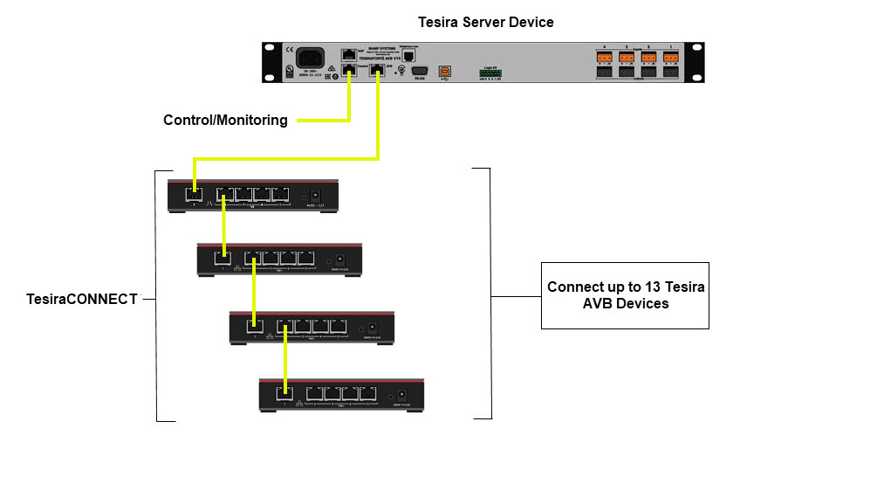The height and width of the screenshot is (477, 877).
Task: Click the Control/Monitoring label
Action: [x=225, y=120]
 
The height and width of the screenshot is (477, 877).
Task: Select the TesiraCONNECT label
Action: [x=82, y=299]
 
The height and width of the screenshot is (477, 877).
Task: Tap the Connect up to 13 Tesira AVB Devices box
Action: [x=625, y=295]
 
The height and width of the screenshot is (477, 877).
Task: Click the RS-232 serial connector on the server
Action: [x=419, y=70]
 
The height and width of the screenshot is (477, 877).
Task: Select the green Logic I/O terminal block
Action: [x=491, y=73]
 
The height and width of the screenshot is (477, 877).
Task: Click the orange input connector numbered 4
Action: [x=603, y=59]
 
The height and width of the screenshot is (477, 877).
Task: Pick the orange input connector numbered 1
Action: [x=670, y=59]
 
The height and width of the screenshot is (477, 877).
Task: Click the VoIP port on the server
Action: [x=349, y=53]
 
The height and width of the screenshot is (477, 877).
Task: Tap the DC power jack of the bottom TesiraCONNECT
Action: [x=403, y=393]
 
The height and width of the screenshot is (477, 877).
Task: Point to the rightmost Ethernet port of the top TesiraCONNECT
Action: [x=280, y=196]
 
